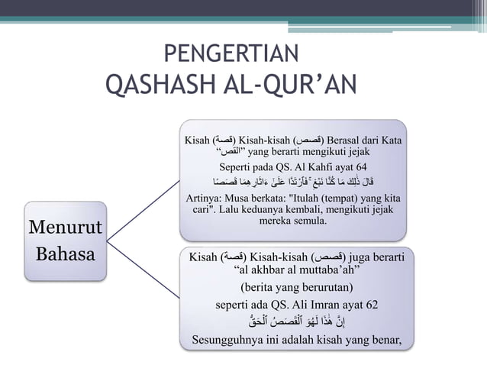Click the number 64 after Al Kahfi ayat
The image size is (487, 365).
click(359, 167)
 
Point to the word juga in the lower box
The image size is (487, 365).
click(364, 256)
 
